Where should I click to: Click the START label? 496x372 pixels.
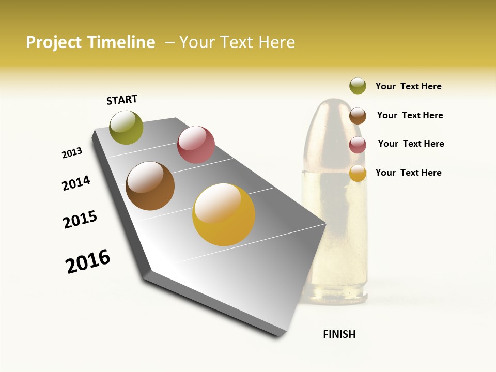(x=122, y=100)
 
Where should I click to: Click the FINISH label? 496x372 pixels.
(x=339, y=334)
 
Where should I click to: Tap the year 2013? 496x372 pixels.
(x=72, y=153)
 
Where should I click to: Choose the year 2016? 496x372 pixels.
(x=88, y=261)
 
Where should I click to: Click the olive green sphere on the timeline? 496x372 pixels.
(x=127, y=127)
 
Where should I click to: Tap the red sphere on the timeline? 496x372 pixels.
(x=196, y=145)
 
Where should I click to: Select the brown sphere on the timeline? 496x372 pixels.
(x=150, y=186)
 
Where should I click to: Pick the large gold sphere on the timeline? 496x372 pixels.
(x=224, y=214)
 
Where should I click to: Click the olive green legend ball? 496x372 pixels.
(x=358, y=86)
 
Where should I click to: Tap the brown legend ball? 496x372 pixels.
(x=358, y=115)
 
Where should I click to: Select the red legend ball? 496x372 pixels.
(x=358, y=144)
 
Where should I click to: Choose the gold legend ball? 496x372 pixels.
(x=358, y=173)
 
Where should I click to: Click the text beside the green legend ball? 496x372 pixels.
(x=408, y=86)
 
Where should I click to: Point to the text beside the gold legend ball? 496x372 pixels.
(x=408, y=173)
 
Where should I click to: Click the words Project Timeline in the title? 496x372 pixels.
(x=90, y=42)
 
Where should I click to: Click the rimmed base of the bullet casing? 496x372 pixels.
(x=335, y=297)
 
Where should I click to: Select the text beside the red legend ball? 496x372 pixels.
(x=411, y=144)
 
